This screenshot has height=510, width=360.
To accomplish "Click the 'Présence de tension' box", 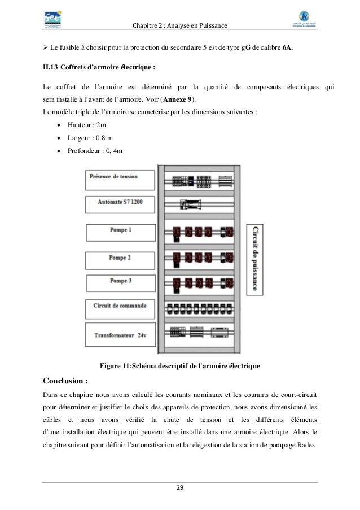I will [x=120, y=179].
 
